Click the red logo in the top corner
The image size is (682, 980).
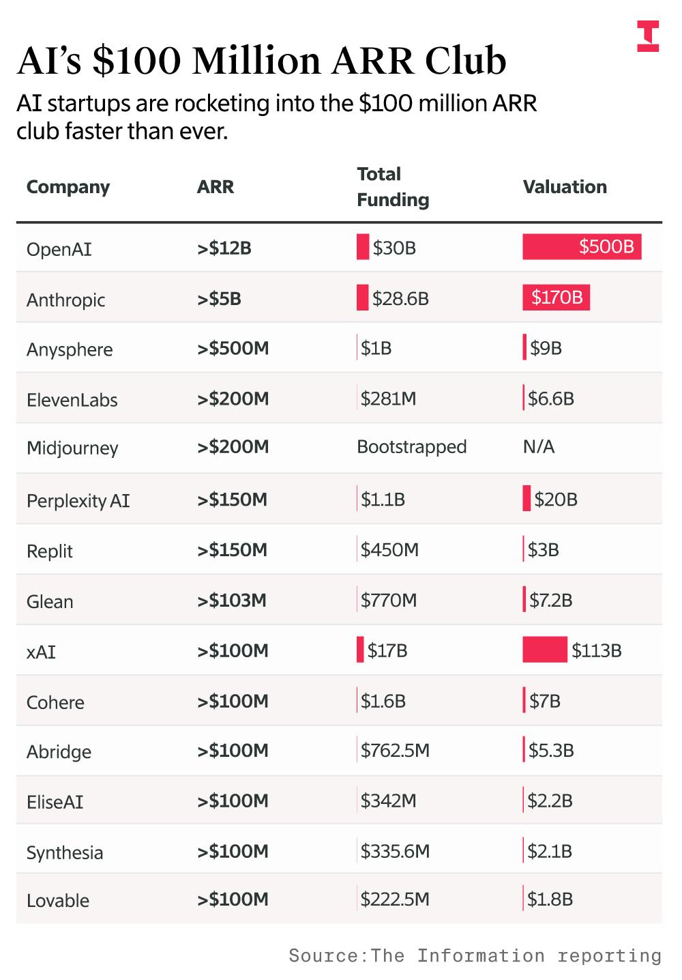coord(648,36)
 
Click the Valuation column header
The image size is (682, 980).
coord(564,187)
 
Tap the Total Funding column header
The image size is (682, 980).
coord(393,187)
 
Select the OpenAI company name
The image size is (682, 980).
coord(59,249)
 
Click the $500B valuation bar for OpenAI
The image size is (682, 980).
coord(582,246)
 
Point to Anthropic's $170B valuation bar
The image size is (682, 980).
coord(556,298)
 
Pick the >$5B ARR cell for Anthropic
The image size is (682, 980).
coord(219,299)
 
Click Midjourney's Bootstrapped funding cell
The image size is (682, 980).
coord(411,447)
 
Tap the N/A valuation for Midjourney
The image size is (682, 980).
coord(538,447)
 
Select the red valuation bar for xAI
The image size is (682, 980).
coord(544,650)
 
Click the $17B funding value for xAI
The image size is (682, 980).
coord(387,650)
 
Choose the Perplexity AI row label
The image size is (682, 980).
coord(78,500)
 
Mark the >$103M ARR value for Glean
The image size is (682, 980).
coord(232,601)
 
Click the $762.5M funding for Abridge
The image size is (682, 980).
coord(395,751)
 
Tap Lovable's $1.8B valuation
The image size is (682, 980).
coord(550,899)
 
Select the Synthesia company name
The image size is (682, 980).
coord(65,852)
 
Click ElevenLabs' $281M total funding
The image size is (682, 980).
coord(388,399)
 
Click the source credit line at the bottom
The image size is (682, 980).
coord(475,955)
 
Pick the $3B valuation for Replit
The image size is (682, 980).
coord(543,550)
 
